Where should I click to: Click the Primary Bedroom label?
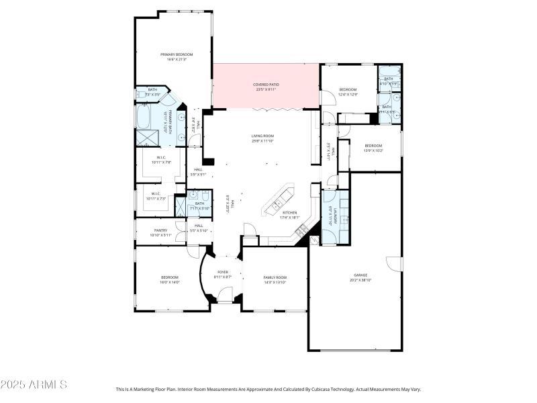coord(176,56)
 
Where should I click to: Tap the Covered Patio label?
coord(265,87)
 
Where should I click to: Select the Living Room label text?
coord(262,138)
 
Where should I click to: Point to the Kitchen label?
coord(289,214)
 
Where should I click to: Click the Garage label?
coord(360,277)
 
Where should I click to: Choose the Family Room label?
coord(275,279)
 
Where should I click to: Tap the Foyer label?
coord(222,274)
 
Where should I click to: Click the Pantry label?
coord(160,232)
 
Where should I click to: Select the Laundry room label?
coord(330,215)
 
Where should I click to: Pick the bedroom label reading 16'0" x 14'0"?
coord(169,279)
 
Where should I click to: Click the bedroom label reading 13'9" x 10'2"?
coord(373,148)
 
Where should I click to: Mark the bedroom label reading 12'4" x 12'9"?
coord(348,91)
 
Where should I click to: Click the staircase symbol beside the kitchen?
coord(302,230)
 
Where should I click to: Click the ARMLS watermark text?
coord(34,385)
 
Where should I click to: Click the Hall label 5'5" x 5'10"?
coord(199,228)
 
